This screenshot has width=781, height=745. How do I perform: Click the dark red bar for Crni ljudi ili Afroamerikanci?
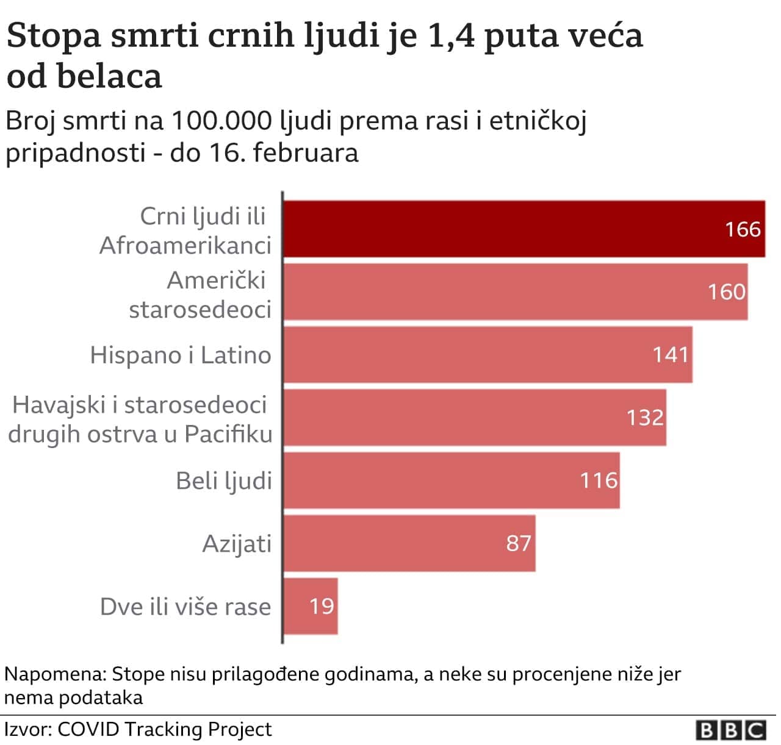coord(488,229)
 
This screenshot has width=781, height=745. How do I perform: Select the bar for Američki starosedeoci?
coord(488,291)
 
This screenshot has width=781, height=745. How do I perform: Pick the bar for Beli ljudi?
coord(427,480)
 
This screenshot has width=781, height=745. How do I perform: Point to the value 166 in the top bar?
coord(743,229)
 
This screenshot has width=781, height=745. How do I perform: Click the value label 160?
coord(726,292)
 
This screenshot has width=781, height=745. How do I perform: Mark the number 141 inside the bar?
coord(671,355)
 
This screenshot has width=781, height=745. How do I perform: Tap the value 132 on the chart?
coord(645,418)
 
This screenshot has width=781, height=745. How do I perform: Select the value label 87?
coord(519,543)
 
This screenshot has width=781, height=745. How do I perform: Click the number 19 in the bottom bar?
coord(322,606)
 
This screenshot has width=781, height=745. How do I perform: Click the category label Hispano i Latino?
coord(181,355)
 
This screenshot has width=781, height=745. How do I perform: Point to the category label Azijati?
coord(237,543)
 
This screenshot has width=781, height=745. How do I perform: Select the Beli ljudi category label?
coord(224,480)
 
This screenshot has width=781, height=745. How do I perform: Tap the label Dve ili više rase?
coord(185,607)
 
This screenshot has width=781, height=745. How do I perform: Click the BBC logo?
coord(730,730)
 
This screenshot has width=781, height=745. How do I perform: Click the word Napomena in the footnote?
coord(55,674)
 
